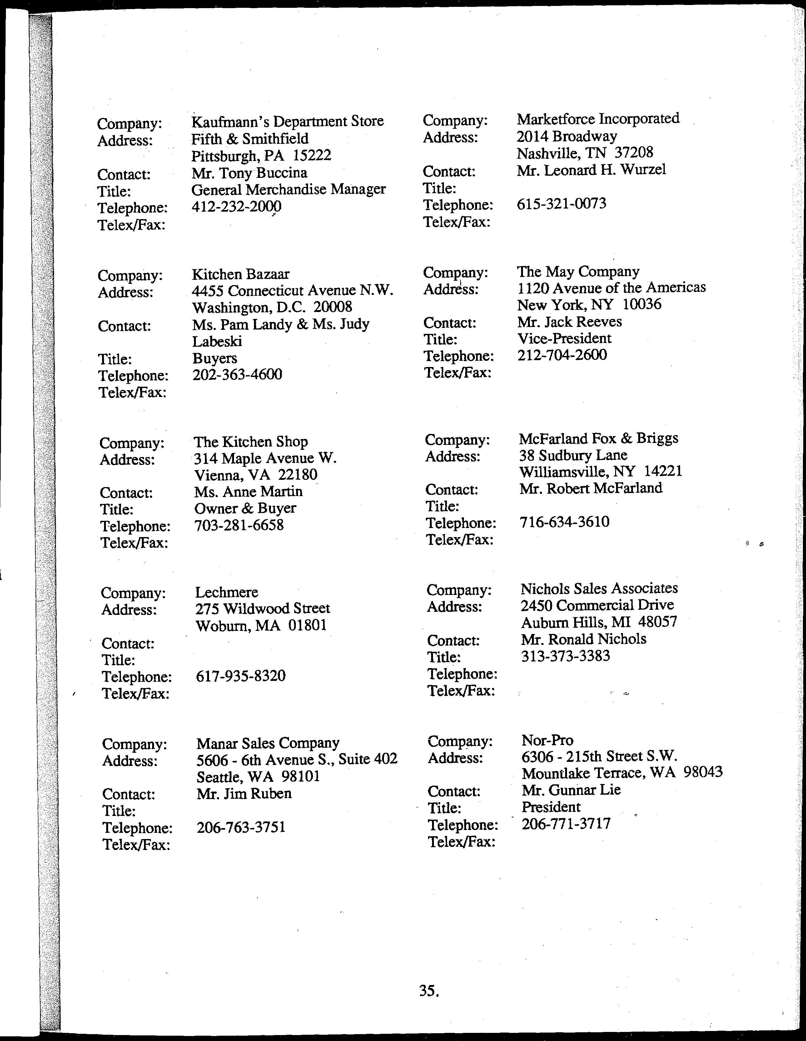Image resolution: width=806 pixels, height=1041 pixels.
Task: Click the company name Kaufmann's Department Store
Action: click(287, 122)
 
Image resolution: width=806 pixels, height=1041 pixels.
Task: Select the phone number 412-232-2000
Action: click(236, 206)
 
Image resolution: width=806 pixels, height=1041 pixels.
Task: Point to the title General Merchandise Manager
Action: click(288, 190)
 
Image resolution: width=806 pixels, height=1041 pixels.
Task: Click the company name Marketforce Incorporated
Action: click(598, 119)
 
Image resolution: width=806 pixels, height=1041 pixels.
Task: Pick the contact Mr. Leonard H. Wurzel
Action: click(591, 170)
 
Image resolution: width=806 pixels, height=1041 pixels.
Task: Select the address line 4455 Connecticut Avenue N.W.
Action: click(292, 290)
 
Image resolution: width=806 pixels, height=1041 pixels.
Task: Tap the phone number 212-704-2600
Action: click(562, 355)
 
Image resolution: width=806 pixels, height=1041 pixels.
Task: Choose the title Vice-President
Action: click(564, 339)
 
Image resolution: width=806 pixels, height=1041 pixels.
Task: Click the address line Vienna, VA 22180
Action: click(255, 475)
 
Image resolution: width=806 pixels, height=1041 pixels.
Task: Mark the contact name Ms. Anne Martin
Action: click(248, 491)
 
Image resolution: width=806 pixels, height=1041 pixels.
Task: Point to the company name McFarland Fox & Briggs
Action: click(598, 439)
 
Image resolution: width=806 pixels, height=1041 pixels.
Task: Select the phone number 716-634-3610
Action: click(564, 522)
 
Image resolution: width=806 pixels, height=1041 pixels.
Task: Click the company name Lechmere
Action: click(226, 592)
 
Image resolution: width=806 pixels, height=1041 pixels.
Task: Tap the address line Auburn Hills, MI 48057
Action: click(599, 622)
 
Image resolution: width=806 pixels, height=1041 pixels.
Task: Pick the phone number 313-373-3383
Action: click(565, 656)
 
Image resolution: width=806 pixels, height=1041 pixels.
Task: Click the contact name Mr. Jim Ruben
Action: click(244, 794)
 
